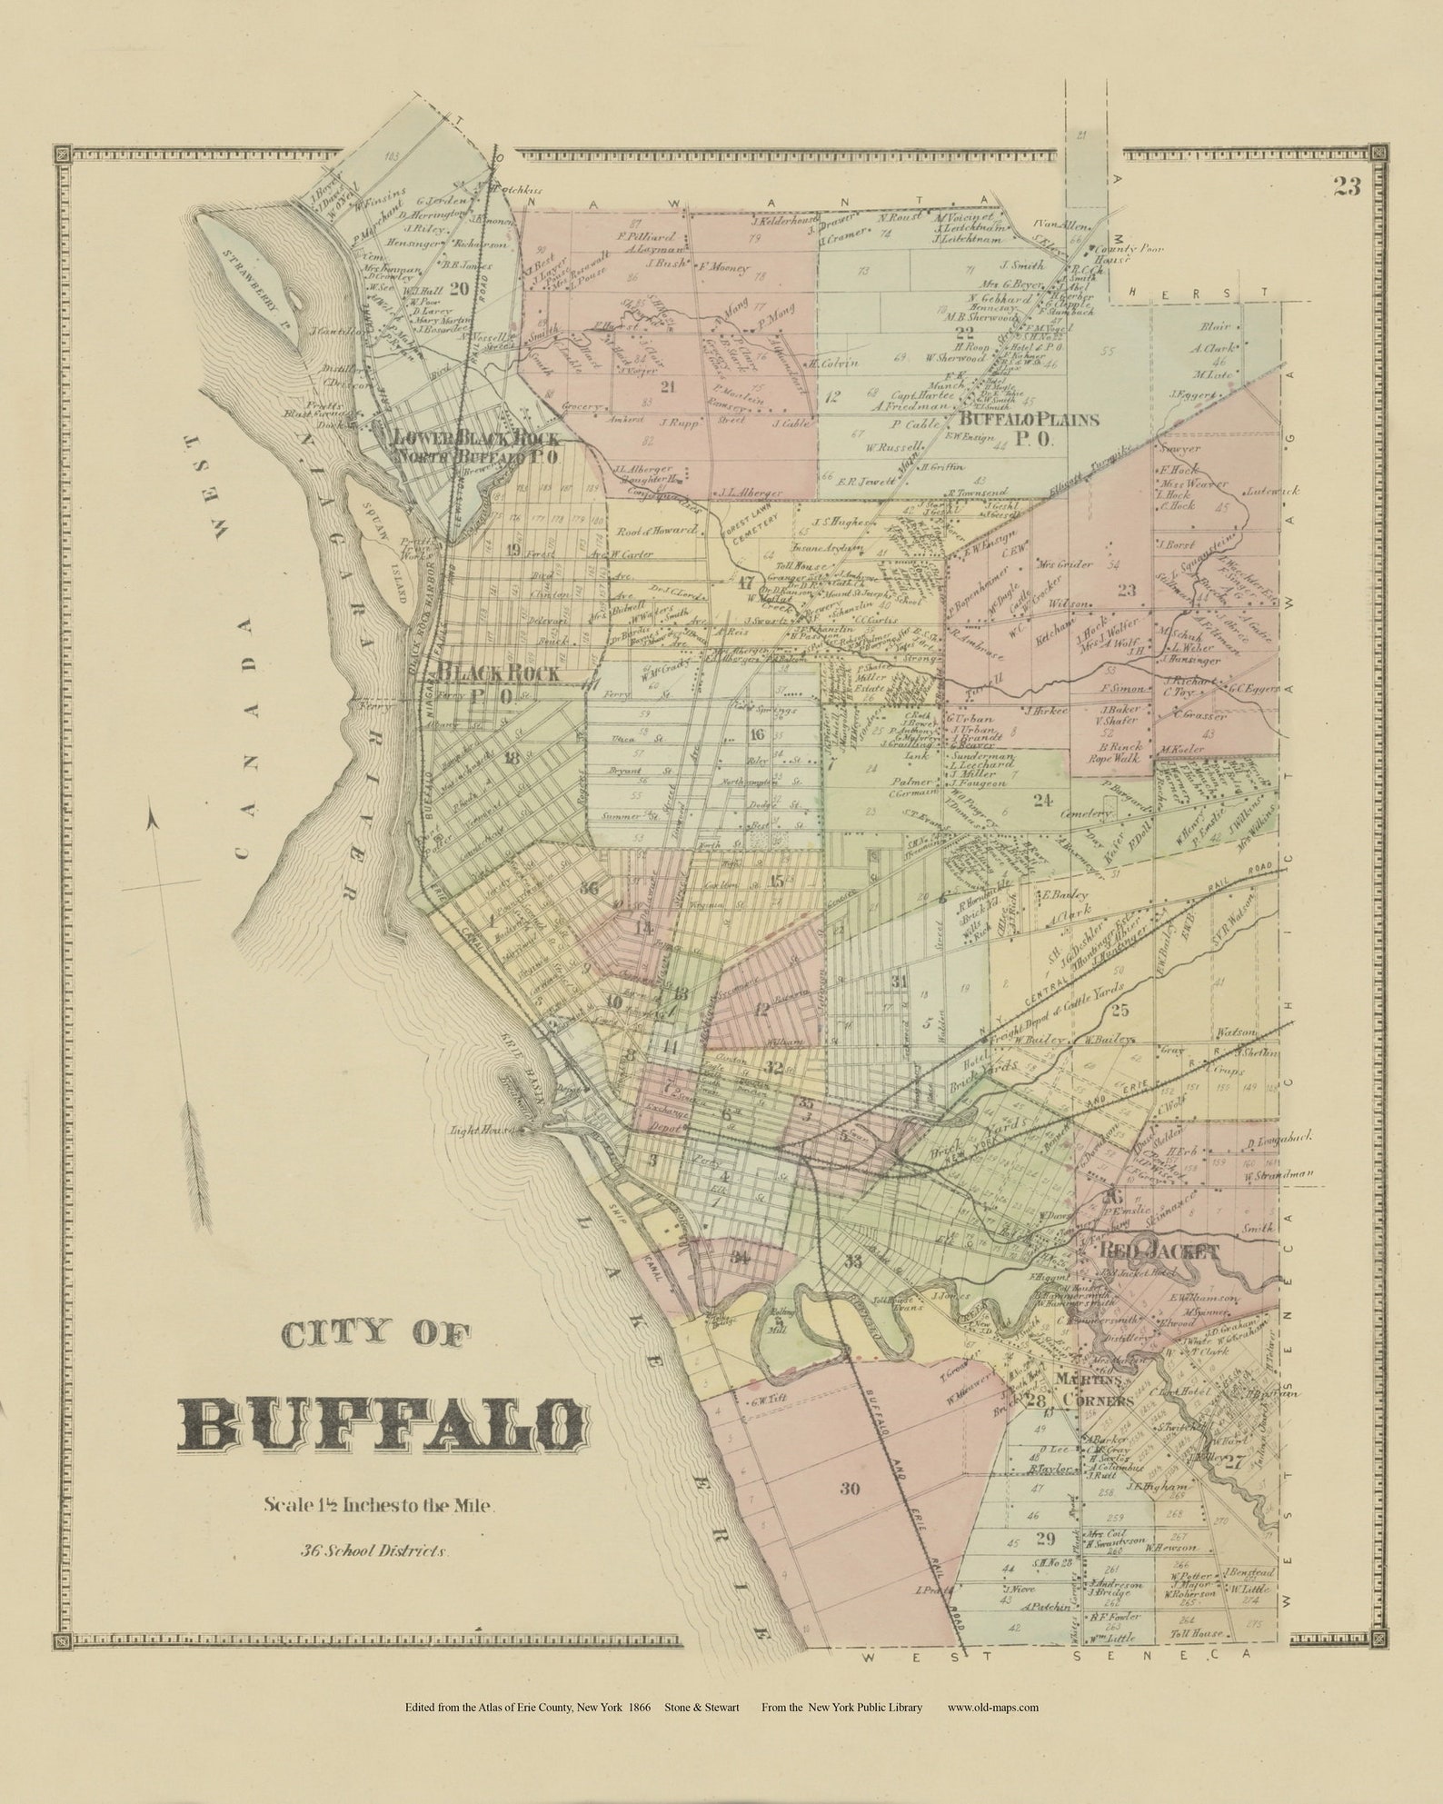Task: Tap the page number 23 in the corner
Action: (1348, 186)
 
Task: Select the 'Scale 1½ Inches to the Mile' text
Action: (379, 1504)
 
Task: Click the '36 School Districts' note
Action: (375, 1550)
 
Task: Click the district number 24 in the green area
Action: (1041, 800)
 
